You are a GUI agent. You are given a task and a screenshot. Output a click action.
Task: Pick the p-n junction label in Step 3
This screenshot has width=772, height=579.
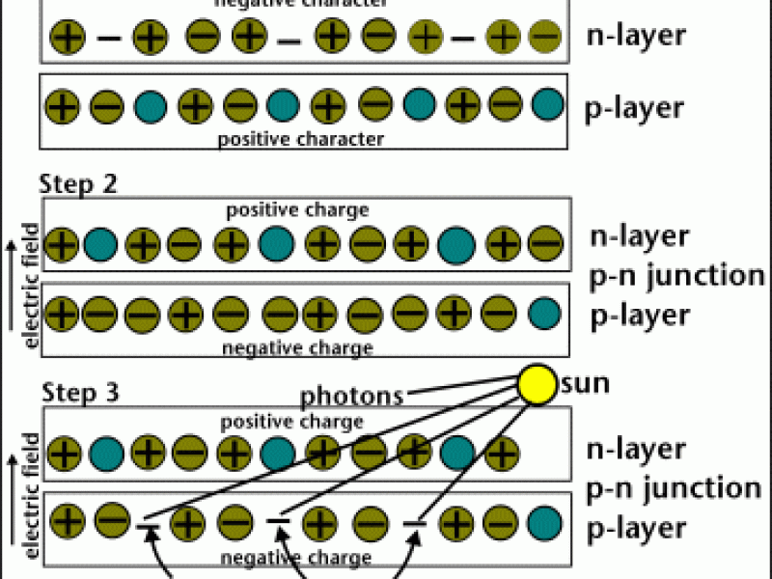click(675, 487)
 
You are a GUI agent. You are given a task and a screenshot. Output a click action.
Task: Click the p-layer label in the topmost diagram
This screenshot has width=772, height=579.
click(635, 106)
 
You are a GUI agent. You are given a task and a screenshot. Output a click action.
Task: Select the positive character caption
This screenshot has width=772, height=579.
click(301, 139)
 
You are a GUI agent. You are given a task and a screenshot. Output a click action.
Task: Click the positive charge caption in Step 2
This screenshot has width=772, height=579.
click(297, 209)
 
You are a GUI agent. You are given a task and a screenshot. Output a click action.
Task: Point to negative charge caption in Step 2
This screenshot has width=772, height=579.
click(297, 347)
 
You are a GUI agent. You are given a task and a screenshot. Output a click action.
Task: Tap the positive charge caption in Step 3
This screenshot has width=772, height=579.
click(291, 422)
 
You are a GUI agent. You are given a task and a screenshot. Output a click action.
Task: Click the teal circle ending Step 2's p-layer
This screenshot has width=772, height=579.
click(545, 312)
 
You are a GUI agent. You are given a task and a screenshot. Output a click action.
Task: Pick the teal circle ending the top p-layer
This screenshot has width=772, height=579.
click(545, 103)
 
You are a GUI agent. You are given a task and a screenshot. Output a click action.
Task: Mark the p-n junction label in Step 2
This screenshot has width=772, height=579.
click(675, 275)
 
